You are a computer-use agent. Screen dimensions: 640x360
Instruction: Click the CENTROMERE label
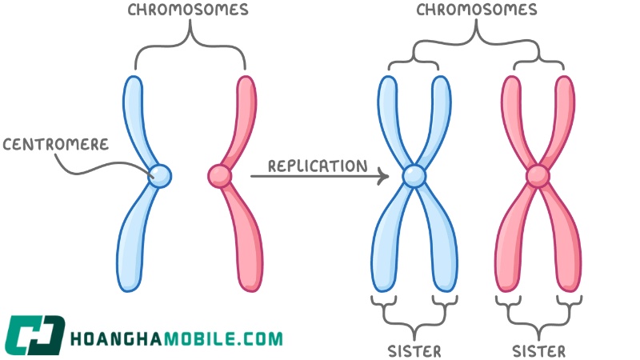[x=56, y=144]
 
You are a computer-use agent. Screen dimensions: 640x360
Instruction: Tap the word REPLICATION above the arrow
[x=318, y=166]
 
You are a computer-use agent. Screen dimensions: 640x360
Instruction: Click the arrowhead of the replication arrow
[x=384, y=176]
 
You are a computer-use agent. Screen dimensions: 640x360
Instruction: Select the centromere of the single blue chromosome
[x=159, y=176]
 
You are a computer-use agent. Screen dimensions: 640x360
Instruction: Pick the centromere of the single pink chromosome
[x=220, y=176]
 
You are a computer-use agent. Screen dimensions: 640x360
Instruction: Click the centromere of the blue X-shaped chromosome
[x=414, y=176]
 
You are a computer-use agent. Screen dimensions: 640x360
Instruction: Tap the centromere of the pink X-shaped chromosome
[x=538, y=176]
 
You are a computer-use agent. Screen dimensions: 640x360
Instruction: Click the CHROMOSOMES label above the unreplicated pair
[x=188, y=10]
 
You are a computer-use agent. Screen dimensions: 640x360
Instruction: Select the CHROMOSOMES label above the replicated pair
[x=476, y=10]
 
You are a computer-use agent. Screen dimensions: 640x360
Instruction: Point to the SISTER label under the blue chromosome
[x=414, y=351]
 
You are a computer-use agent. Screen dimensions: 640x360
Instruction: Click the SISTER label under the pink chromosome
[x=538, y=351]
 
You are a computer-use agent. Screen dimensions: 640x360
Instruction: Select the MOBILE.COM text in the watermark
[x=225, y=338]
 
